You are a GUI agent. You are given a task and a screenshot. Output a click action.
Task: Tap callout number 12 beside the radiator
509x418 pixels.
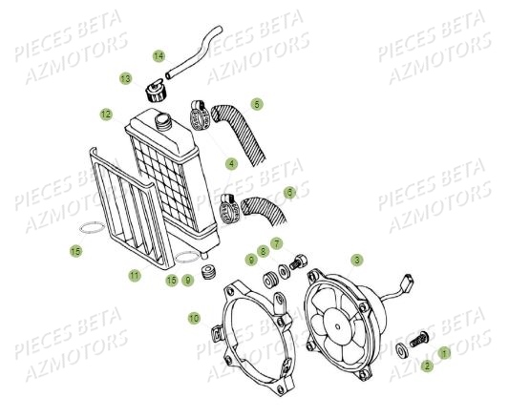(106, 114)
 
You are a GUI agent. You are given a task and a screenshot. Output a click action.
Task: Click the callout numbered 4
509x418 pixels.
(231, 162)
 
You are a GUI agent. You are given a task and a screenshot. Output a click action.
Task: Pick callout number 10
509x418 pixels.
(194, 317)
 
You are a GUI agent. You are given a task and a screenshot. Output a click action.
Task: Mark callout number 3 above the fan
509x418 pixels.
(355, 258)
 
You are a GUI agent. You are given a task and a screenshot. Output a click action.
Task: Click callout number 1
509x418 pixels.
(442, 353)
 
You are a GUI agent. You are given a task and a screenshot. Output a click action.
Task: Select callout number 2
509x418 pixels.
(427, 364)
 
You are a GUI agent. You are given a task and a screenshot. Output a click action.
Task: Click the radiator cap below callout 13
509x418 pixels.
(152, 94)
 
